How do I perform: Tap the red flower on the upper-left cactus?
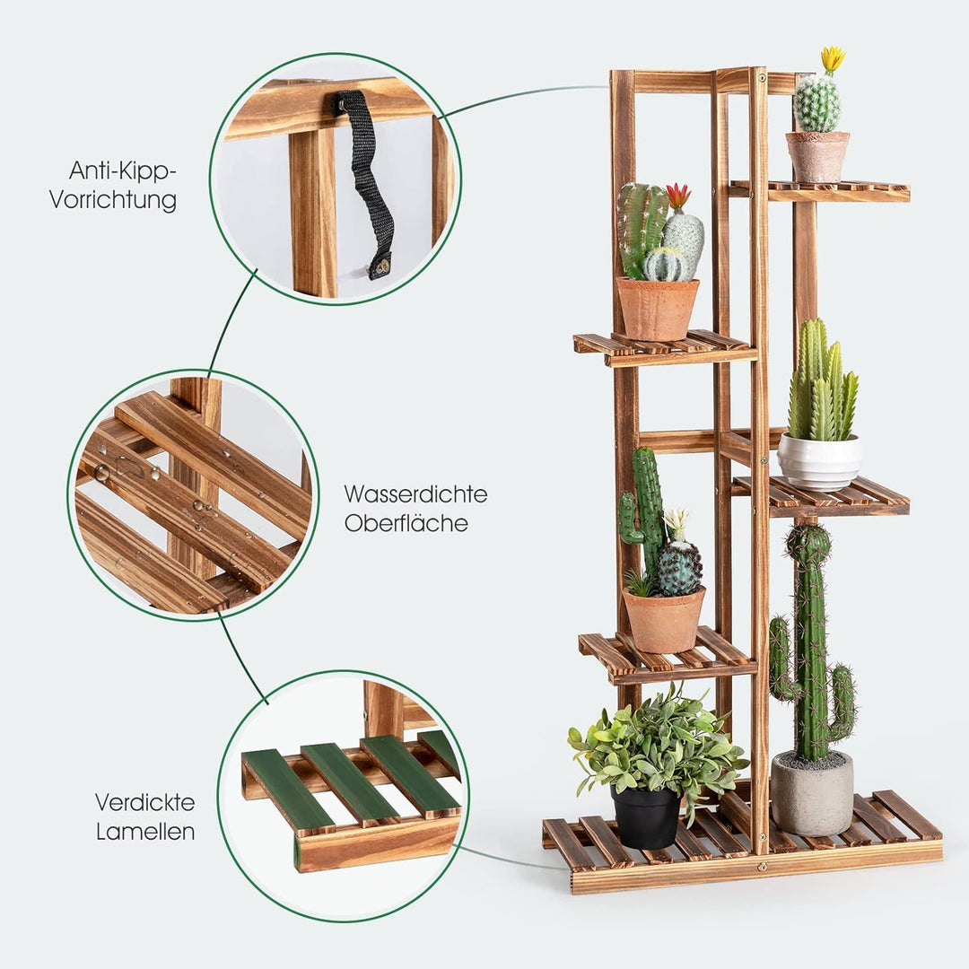[677, 196]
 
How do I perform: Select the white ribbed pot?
[818, 461]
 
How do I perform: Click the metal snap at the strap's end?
[380, 266]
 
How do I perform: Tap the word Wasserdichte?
[415, 493]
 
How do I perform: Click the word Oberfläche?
[406, 523]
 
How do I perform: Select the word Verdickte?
[144, 802]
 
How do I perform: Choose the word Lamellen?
[145, 832]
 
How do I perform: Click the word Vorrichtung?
[113, 199]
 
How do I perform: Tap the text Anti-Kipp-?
[123, 170]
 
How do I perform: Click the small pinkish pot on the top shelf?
[817, 156]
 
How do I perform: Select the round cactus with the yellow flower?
[817, 104]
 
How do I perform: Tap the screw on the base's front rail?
[762, 867]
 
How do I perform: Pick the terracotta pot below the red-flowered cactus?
[657, 308]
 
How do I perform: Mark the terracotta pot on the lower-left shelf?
[664, 619]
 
